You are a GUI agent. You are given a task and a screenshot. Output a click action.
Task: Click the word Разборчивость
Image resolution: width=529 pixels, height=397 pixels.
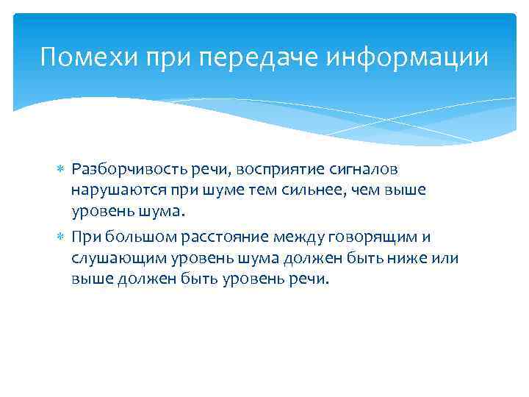(x=121, y=169)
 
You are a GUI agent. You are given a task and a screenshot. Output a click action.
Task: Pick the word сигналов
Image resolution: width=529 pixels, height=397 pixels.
(x=356, y=169)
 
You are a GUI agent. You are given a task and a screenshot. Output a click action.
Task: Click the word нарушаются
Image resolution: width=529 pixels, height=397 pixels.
(x=112, y=190)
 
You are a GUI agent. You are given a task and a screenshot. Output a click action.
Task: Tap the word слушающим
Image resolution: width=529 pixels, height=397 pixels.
(x=112, y=258)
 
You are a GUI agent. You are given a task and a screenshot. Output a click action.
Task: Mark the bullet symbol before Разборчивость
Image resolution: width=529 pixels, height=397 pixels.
(x=62, y=170)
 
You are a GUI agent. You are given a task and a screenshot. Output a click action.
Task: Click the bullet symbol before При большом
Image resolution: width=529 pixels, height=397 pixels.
(x=62, y=237)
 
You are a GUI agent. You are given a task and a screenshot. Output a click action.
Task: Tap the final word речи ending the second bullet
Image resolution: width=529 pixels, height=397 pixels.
(x=312, y=279)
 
